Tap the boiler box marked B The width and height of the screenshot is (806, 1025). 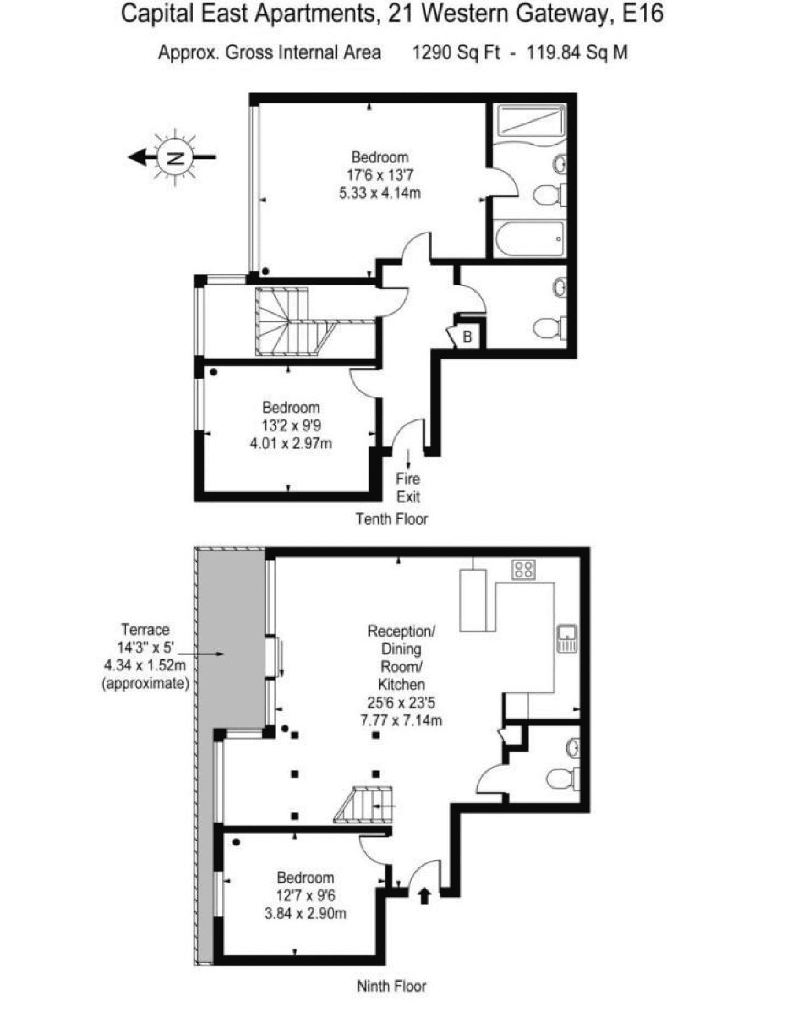(x=467, y=337)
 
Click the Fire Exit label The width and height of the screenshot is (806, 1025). (x=408, y=488)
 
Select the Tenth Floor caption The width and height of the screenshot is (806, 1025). (x=391, y=519)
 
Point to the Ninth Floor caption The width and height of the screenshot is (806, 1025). (x=391, y=986)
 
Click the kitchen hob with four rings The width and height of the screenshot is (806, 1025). (x=524, y=569)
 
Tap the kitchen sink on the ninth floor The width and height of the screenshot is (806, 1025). (x=567, y=638)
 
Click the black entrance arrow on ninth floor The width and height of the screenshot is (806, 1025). (x=424, y=896)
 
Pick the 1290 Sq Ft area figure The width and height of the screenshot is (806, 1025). (x=456, y=52)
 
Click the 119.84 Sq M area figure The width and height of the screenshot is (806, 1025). (x=576, y=52)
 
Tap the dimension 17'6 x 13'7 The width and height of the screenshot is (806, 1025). (x=380, y=175)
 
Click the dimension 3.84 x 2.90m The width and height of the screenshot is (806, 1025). (x=306, y=914)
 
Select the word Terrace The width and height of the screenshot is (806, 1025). (x=145, y=630)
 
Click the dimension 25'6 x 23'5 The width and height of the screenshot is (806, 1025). (x=401, y=703)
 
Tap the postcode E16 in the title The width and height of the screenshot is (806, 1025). (x=643, y=13)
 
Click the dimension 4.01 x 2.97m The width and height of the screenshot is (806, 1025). (x=291, y=444)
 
